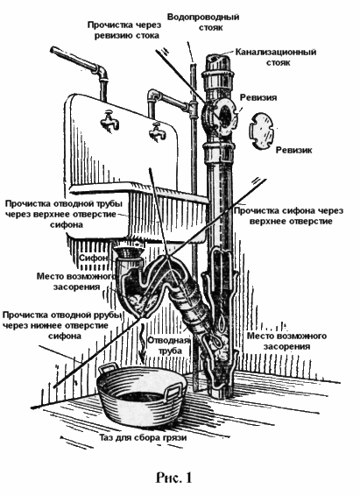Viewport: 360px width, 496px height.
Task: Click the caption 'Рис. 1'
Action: pyautogui.click(x=173, y=477)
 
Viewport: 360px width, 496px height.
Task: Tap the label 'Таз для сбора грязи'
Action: pyautogui.click(x=143, y=438)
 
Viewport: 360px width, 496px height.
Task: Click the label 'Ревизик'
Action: pyautogui.click(x=294, y=150)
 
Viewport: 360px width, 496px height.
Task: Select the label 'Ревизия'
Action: pyautogui.click(x=258, y=97)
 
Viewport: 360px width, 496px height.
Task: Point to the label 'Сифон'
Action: pyautogui.click(x=94, y=258)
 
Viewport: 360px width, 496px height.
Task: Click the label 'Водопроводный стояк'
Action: pyautogui.click(x=203, y=22)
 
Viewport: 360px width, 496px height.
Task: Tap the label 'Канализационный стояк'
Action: pyautogui.click(x=276, y=57)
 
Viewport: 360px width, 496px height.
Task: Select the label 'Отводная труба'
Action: pyautogui.click(x=168, y=345)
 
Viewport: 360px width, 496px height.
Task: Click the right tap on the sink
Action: pyautogui.click(x=158, y=131)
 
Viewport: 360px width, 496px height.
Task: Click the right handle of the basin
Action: pyautogui.click(x=173, y=390)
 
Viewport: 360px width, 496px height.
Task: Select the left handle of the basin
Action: pyautogui.click(x=108, y=369)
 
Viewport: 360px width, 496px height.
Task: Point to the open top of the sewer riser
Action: pyautogui.click(x=218, y=59)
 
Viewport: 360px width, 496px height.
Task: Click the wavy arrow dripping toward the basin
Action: pyautogui.click(x=143, y=343)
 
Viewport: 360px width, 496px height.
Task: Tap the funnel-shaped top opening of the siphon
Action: pyautogui.click(x=128, y=252)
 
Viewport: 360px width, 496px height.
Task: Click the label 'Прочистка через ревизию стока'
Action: pyautogui.click(x=124, y=30)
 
